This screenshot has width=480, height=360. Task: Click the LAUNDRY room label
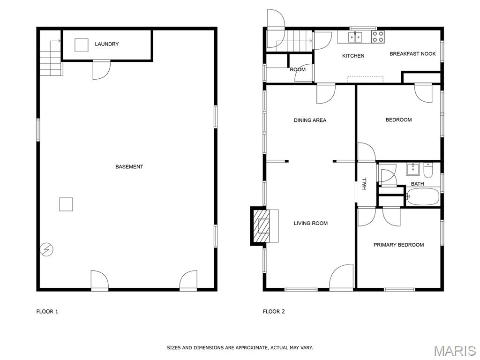pyautogui.click(x=106, y=44)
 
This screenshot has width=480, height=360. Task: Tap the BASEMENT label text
pyautogui.click(x=129, y=167)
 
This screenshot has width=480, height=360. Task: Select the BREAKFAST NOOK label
pyautogui.click(x=412, y=54)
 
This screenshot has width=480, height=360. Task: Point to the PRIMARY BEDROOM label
pyautogui.click(x=398, y=245)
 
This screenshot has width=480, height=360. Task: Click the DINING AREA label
pyautogui.click(x=310, y=120)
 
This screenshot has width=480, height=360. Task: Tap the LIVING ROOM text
pyautogui.click(x=311, y=224)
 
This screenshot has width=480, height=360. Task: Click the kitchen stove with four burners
pyautogui.click(x=378, y=37)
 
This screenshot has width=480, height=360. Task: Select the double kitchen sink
pyautogui.click(x=355, y=37)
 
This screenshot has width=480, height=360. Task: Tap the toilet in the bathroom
pyautogui.click(x=427, y=170)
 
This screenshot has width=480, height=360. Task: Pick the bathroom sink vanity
pyautogui.click(x=413, y=169)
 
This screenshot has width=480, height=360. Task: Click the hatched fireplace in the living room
pyautogui.click(x=260, y=226)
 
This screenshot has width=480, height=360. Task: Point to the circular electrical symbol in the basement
pyautogui.click(x=46, y=250)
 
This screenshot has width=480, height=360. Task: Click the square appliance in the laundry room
pyautogui.click(x=82, y=45)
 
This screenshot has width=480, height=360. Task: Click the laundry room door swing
pyautogui.click(x=101, y=70)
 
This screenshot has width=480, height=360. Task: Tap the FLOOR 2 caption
pyautogui.click(x=274, y=312)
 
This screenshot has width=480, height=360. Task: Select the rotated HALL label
pyautogui.click(x=364, y=184)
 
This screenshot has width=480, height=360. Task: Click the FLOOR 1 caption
pyautogui.click(x=47, y=312)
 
